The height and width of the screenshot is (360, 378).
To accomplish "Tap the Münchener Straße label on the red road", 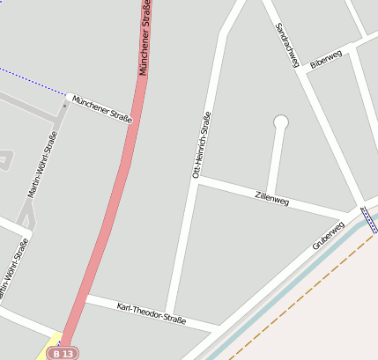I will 145,40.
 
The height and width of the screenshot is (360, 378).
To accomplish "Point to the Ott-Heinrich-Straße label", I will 201,145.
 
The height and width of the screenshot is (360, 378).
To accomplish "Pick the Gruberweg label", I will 328,235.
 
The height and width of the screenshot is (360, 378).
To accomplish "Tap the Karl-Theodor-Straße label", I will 152,312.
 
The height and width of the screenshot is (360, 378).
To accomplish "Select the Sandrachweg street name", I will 288,45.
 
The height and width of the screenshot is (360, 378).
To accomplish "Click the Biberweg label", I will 326,60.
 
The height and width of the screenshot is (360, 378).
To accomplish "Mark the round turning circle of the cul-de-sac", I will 281,121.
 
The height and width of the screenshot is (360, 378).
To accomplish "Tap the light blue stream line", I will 291,282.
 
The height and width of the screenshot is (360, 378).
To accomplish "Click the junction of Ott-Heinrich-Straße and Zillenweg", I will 196,180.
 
